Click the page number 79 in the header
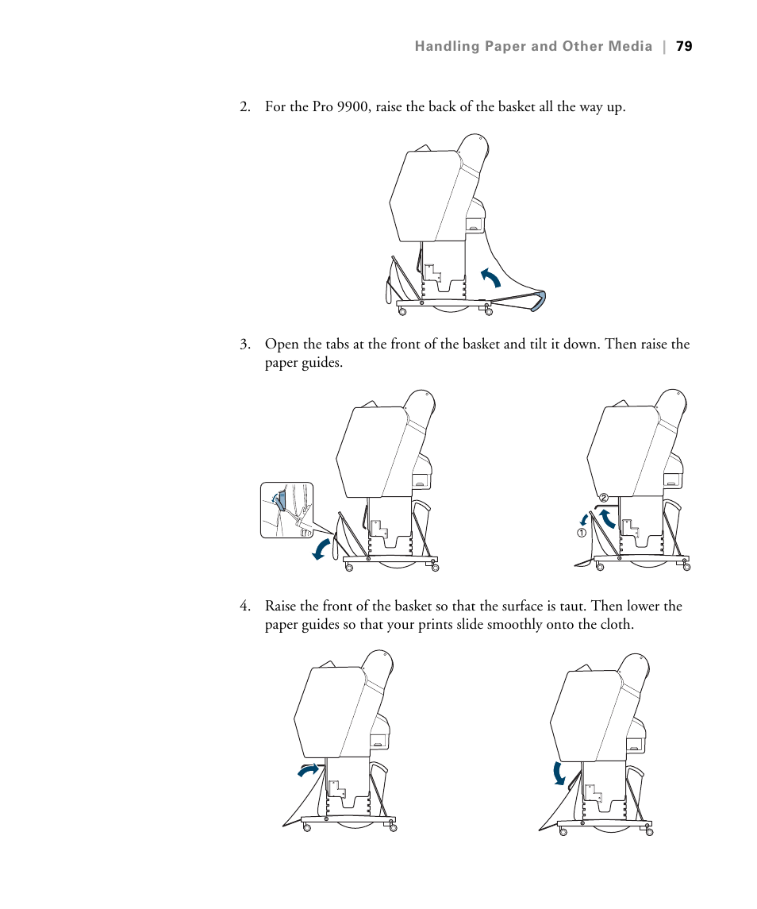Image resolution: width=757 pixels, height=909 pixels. (684, 47)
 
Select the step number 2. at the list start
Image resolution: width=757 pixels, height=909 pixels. (245, 106)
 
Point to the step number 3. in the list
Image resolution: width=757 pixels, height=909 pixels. (245, 345)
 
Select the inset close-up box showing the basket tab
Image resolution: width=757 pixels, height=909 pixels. (286, 510)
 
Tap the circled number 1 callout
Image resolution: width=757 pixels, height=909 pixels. (582, 533)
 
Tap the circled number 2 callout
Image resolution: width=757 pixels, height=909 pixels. (603, 498)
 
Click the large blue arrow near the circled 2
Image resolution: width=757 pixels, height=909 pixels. (607, 520)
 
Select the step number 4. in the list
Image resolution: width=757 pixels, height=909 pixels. (245, 607)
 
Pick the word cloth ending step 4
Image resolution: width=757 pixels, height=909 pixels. (617, 625)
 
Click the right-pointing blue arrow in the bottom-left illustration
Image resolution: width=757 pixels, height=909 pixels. (308, 768)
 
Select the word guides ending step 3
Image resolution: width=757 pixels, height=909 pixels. (324, 363)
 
